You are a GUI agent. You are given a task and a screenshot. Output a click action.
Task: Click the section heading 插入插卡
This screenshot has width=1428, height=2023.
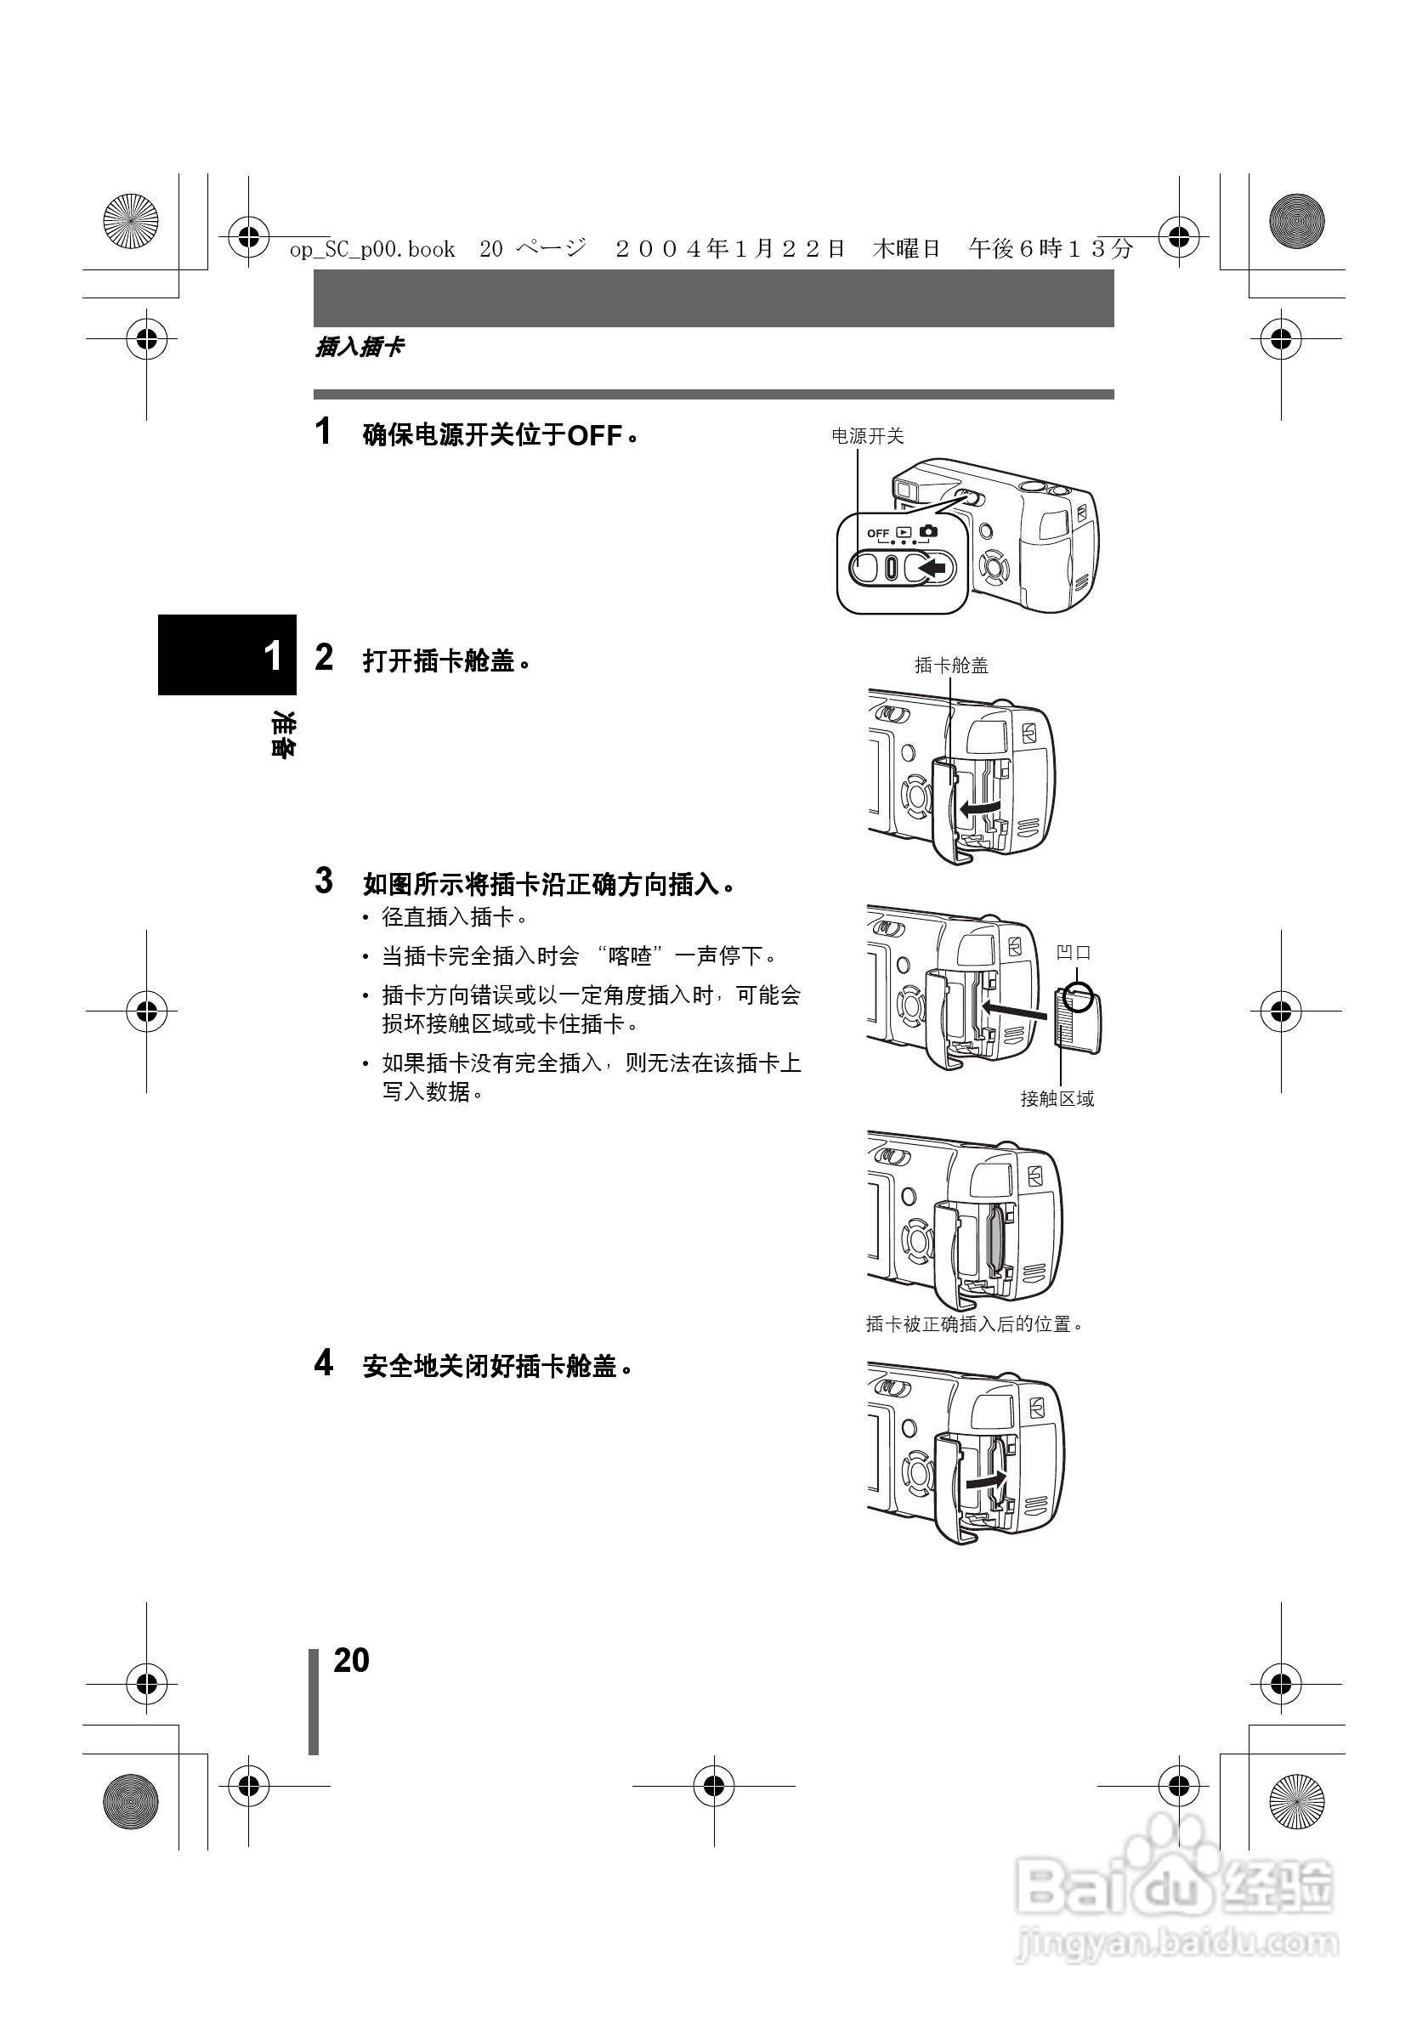(360, 347)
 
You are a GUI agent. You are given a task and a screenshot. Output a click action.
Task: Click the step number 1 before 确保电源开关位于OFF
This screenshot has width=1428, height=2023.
(323, 432)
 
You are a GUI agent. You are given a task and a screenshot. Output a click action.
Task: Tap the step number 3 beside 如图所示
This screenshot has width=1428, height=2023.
(324, 881)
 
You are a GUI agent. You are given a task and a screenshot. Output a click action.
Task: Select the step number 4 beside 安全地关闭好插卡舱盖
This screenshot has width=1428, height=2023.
(324, 1363)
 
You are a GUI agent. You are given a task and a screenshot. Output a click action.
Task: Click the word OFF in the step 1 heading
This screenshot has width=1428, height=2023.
(595, 435)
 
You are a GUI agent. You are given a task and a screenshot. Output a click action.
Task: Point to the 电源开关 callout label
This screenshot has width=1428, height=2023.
(868, 436)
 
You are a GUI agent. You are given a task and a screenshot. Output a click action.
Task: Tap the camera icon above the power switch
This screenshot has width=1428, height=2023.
(928, 531)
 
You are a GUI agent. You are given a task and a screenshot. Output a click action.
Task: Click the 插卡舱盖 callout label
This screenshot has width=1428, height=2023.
(951, 666)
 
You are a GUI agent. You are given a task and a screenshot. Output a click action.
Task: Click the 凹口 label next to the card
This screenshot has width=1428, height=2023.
(1074, 953)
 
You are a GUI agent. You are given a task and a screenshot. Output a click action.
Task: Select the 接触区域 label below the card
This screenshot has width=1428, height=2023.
(1057, 1099)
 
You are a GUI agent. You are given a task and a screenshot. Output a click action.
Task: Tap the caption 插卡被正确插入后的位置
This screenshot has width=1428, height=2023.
(973, 1324)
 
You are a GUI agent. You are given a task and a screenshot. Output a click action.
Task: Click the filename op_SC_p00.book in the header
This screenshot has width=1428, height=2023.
(372, 250)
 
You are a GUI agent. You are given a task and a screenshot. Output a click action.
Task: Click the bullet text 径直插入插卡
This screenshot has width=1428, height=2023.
(454, 917)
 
